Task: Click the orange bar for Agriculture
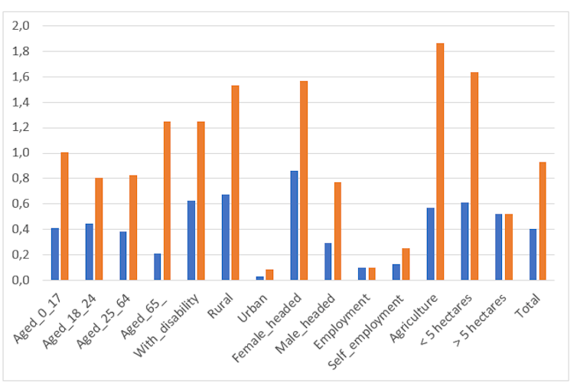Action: tap(440, 162)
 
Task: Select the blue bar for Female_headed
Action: tap(294, 225)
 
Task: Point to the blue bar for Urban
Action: tap(260, 277)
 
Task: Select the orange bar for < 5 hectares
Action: tap(474, 176)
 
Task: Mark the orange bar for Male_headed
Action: tap(337, 231)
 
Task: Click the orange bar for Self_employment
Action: tap(406, 264)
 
